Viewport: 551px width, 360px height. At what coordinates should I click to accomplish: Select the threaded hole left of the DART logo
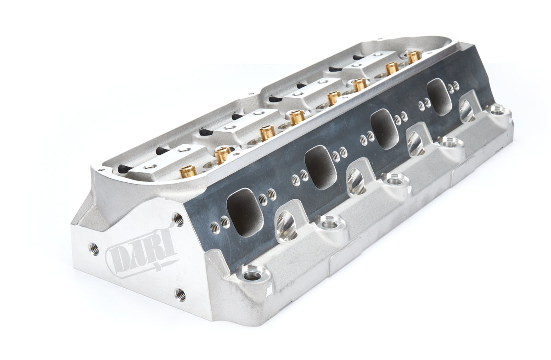pos(93,247)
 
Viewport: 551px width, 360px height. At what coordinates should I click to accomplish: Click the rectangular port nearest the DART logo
pos(245,208)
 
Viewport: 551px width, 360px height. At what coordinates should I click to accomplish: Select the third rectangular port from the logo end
pos(385,125)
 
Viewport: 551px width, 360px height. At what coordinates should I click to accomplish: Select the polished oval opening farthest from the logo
pos(467,110)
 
